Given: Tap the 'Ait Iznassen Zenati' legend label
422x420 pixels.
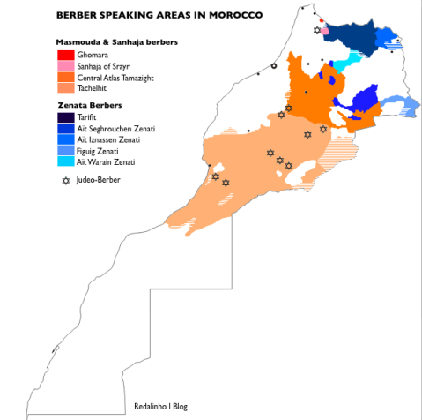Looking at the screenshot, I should (110, 139).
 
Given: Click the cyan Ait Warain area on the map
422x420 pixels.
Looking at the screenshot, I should (352, 60).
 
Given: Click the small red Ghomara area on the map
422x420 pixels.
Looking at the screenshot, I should (322, 22).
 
